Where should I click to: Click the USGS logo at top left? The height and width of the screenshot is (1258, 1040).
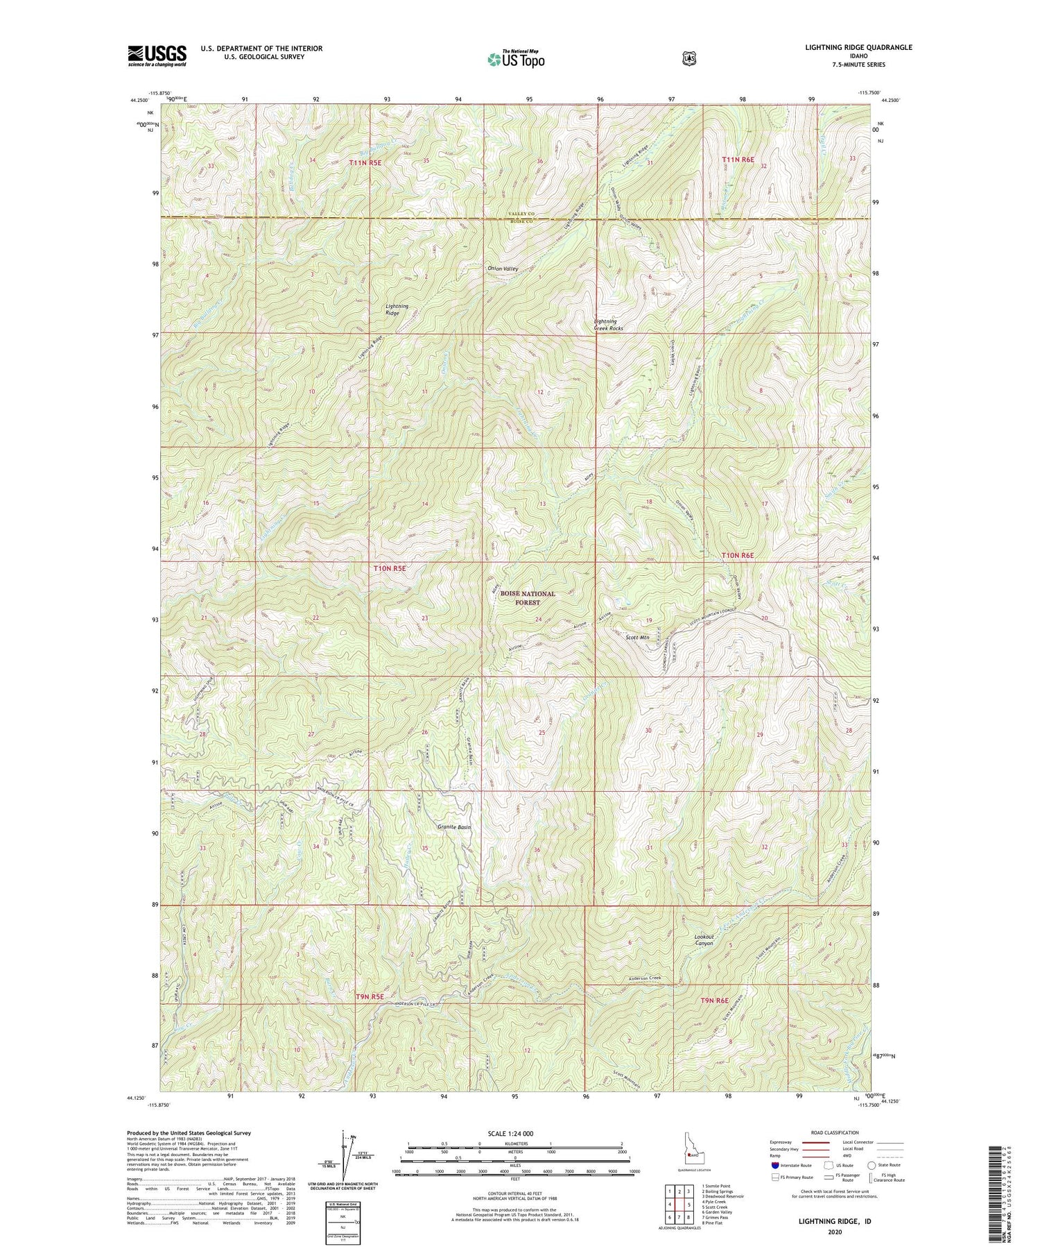click(157, 56)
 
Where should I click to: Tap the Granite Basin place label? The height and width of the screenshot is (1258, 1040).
click(454, 827)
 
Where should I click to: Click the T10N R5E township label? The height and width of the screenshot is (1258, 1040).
click(390, 568)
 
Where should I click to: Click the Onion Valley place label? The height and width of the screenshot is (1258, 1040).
click(502, 269)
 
